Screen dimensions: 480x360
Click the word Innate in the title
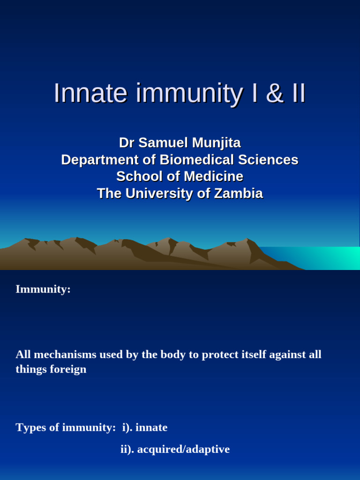(90, 93)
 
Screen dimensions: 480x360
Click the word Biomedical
(196, 160)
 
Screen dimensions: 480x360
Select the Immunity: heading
(43, 289)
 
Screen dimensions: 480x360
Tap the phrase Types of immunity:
(66, 427)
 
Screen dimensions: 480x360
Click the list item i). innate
(145, 427)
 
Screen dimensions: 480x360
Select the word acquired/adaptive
(183, 450)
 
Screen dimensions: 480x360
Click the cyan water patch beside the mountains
(328, 258)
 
